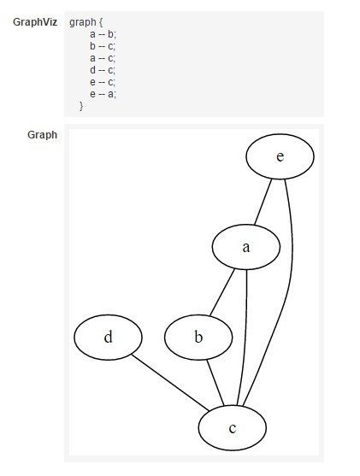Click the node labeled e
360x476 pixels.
(280, 156)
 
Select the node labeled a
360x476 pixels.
(245, 247)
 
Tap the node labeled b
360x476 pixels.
(198, 338)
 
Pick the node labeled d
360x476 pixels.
(108, 338)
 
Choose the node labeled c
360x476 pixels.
(233, 428)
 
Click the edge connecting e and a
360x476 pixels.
(263, 202)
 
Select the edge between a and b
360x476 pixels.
(222, 292)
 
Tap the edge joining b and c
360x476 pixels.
(215, 383)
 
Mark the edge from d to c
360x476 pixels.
(170, 383)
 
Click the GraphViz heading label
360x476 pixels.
(35, 22)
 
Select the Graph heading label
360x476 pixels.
(42, 135)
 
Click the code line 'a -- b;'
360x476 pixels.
(103, 34)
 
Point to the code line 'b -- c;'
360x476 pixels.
(103, 46)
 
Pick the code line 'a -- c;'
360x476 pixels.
(103, 58)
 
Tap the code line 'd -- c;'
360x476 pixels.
(103, 70)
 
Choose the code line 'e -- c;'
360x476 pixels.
(103, 82)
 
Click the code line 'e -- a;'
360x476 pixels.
(103, 94)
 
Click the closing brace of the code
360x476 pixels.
(81, 106)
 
